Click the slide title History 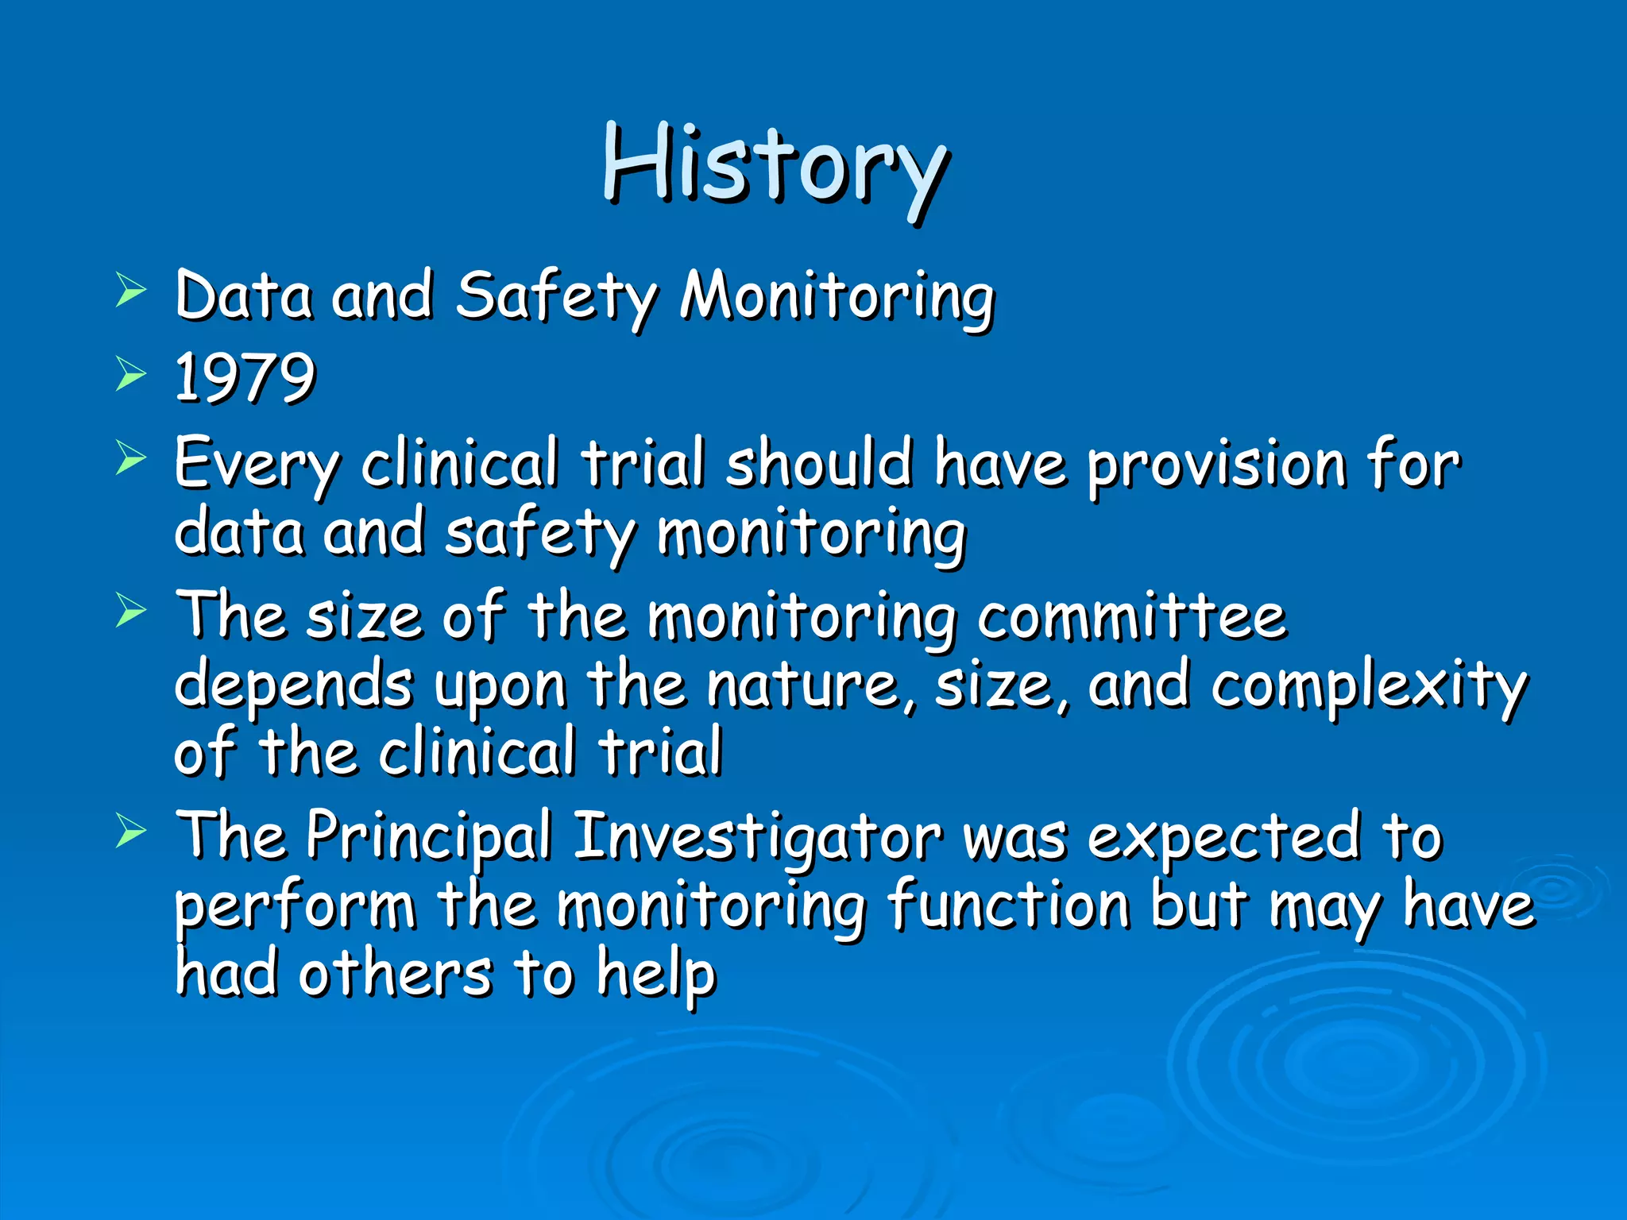tap(775, 167)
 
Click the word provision tap(1215, 467)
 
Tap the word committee tap(1131, 617)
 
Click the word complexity tap(1368, 687)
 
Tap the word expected tap(1223, 836)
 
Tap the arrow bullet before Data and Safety tap(131, 289)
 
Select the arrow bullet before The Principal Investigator tap(131, 832)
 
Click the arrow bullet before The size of tap(131, 611)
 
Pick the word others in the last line tap(395, 974)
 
